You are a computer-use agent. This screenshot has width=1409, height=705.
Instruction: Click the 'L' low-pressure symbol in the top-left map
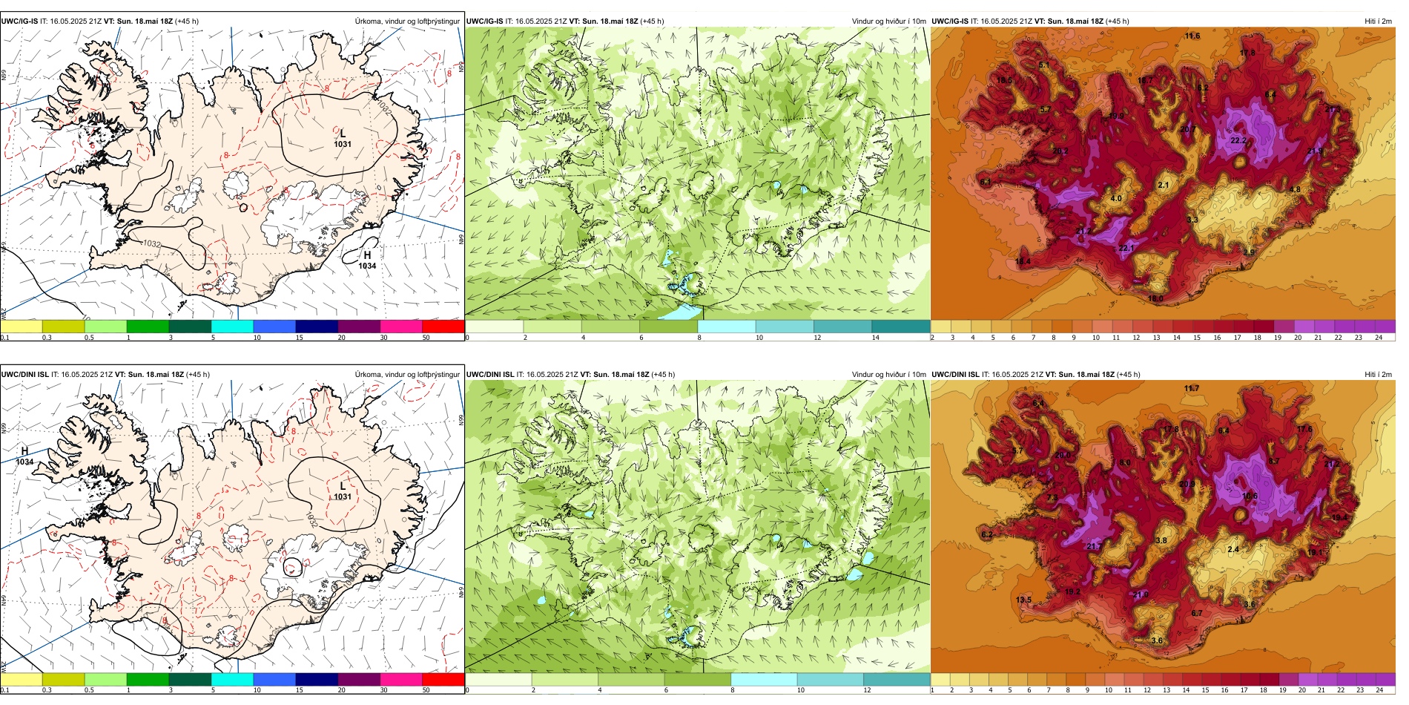coord(343,134)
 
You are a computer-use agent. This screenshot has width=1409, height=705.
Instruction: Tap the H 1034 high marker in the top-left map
coord(367,260)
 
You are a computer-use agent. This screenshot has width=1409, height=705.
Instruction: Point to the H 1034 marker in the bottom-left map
coord(24,456)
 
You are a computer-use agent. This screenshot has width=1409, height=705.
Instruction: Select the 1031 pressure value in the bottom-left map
coord(343,496)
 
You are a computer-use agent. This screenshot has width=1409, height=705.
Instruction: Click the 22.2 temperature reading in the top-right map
coord(1238,140)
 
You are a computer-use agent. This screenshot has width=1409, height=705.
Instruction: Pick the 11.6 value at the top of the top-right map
coord(1192,36)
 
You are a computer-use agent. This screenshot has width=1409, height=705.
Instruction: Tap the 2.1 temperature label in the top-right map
coord(1164,186)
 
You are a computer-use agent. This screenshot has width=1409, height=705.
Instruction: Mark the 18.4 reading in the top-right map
coord(1023,261)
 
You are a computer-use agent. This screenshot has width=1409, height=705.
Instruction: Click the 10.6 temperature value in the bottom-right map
coord(1250,496)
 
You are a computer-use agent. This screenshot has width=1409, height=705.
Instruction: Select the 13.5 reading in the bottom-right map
coord(1023,600)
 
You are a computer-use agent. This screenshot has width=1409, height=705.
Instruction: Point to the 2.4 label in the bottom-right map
coord(1233,550)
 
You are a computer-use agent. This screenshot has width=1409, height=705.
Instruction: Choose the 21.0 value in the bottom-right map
coord(1141,594)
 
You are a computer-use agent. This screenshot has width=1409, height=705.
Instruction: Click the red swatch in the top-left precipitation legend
coord(443,326)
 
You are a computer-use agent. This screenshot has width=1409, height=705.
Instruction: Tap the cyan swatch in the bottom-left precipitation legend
coord(232,679)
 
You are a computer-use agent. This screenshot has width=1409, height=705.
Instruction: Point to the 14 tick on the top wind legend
coord(876,338)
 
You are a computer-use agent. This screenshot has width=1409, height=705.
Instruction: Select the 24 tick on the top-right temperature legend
coord(1379,338)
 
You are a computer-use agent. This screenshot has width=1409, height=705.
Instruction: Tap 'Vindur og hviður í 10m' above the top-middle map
coord(888,22)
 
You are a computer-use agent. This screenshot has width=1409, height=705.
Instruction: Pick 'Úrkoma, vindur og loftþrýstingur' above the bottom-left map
coord(407,375)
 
